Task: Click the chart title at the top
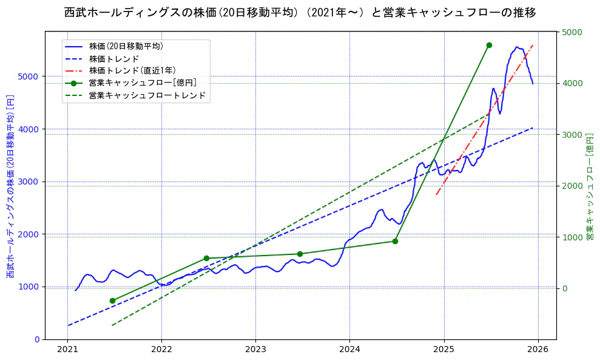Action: pos(300,13)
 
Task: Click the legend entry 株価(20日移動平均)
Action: pos(126,46)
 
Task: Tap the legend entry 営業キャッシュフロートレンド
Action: pos(147,96)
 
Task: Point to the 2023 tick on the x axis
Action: pos(255,349)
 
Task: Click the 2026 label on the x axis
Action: pos(538,349)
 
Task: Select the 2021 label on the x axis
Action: pos(67,349)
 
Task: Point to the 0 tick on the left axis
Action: pos(37,339)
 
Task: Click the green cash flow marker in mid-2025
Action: pos(489,45)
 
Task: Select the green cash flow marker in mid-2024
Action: pos(395,241)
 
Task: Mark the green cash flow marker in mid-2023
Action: pos(300,254)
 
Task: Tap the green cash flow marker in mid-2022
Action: pos(206,258)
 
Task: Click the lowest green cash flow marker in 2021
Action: pos(112,301)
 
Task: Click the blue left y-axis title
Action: pos(10,186)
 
